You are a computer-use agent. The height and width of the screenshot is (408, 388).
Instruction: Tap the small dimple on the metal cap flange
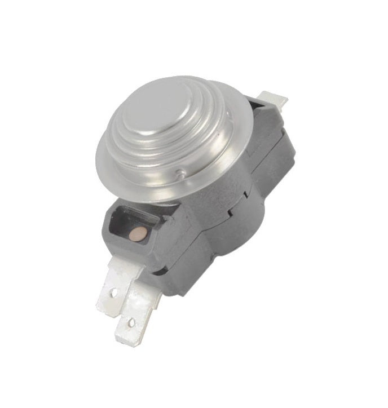(x=179, y=174)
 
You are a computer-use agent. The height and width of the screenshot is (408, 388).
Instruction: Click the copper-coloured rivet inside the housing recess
(x=136, y=232)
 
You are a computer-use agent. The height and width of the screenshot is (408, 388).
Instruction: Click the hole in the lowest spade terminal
(x=131, y=323)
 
